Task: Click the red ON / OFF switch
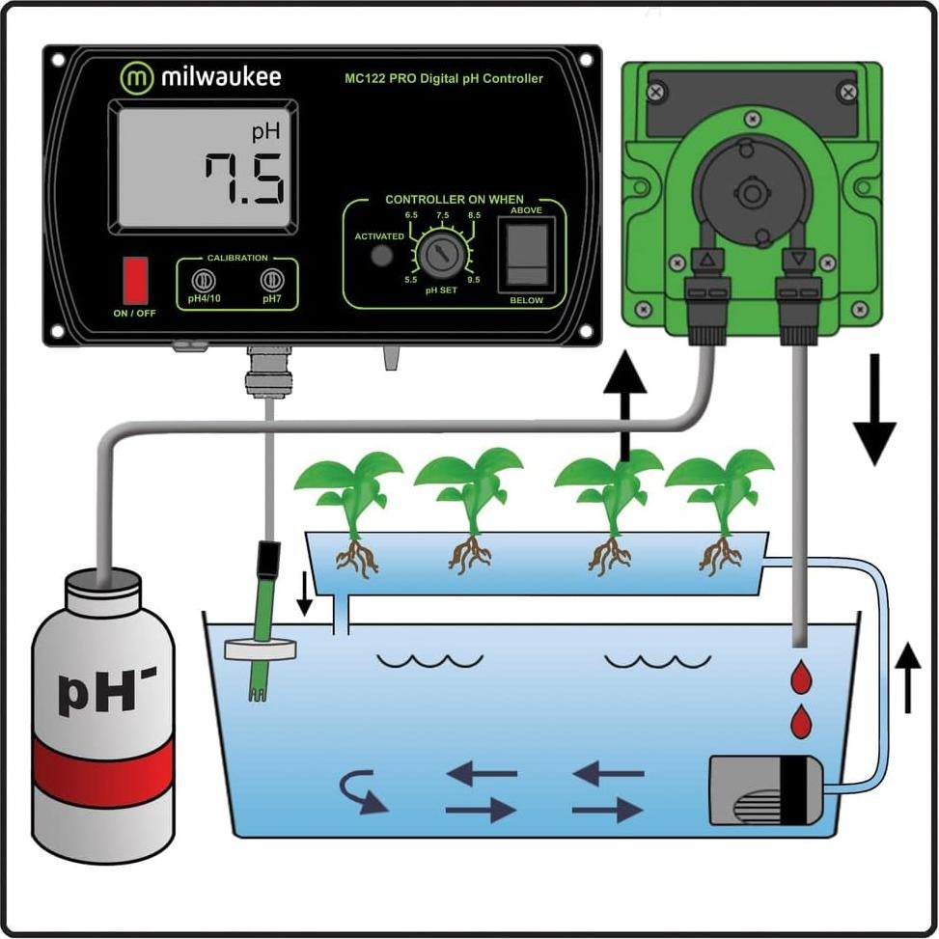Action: [135, 281]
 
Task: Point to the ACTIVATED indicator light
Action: [382, 255]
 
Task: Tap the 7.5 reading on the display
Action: [244, 180]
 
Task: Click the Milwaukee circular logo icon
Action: [137, 77]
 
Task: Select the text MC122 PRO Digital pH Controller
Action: [444, 79]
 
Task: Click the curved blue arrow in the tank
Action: [364, 792]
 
